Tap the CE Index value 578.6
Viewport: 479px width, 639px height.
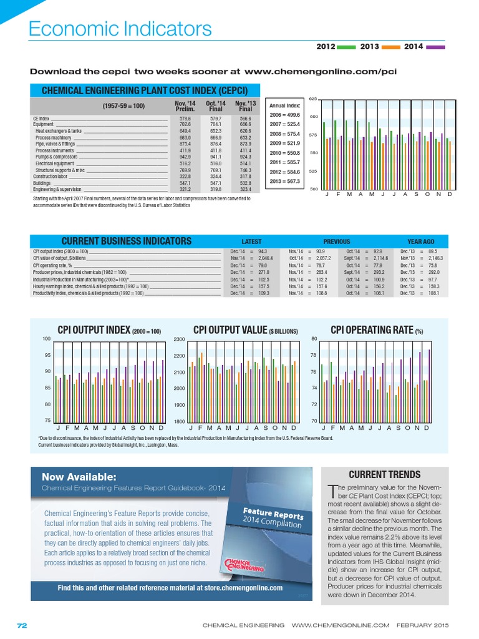click(185, 118)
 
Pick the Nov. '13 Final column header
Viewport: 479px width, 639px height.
click(244, 105)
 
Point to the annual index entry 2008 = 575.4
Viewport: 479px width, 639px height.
click(284, 134)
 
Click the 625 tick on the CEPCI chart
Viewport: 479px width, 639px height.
click(313, 99)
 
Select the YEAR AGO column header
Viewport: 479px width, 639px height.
click(421, 241)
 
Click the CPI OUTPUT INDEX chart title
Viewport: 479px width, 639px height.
click(109, 331)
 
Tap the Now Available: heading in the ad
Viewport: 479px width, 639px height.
click(79, 477)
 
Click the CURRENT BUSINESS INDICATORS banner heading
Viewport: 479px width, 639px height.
click(127, 241)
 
